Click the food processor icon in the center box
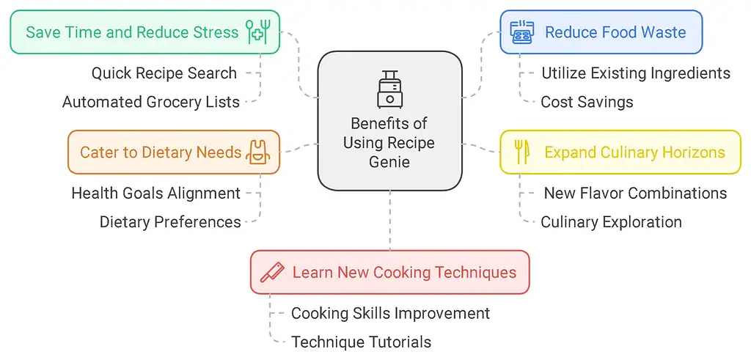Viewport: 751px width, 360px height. pos(389,89)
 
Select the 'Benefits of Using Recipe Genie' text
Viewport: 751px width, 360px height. pos(389,142)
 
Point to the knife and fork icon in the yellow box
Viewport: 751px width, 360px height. pos(521,152)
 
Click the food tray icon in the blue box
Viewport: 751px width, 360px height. pos(521,32)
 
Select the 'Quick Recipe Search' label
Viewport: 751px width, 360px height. pos(164,73)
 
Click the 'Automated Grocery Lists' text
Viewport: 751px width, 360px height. pos(150,102)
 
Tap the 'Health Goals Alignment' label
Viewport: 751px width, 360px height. pos(155,194)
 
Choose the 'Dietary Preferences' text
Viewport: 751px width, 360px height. pos(170,221)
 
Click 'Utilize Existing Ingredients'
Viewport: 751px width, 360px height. pos(635,73)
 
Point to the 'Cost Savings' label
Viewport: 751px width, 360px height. pos(587,102)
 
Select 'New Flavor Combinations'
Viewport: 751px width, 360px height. pos(635,194)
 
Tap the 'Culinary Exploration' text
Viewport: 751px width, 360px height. pos(611,221)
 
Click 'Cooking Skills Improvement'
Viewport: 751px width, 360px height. pos(390,313)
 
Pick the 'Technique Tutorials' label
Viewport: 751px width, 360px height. pos(361,342)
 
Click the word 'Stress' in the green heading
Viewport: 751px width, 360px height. pos(216,32)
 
